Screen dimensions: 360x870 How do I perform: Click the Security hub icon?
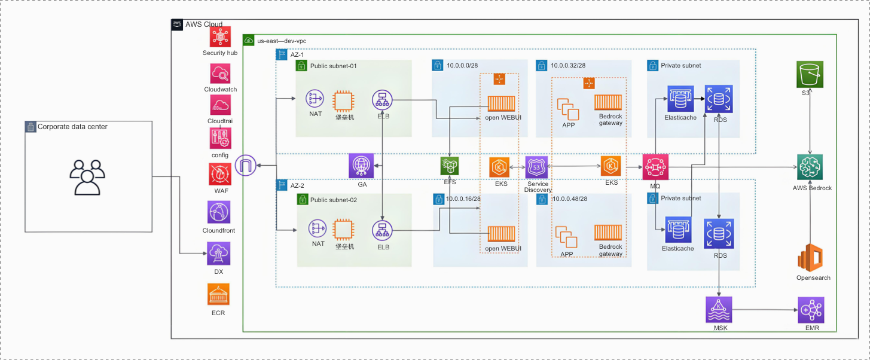(x=220, y=37)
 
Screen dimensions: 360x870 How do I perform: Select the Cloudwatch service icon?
(x=220, y=74)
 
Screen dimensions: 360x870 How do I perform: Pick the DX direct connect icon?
(x=218, y=254)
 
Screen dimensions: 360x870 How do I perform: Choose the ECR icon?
(x=218, y=295)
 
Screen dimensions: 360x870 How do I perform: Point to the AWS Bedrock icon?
(x=810, y=167)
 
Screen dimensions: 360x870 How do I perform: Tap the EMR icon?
(x=811, y=310)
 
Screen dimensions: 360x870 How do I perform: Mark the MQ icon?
(x=655, y=167)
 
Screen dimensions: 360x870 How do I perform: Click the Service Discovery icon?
(x=537, y=167)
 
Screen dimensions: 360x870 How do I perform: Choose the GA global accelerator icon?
(x=362, y=166)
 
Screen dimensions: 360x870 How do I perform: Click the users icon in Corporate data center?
(x=87, y=177)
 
